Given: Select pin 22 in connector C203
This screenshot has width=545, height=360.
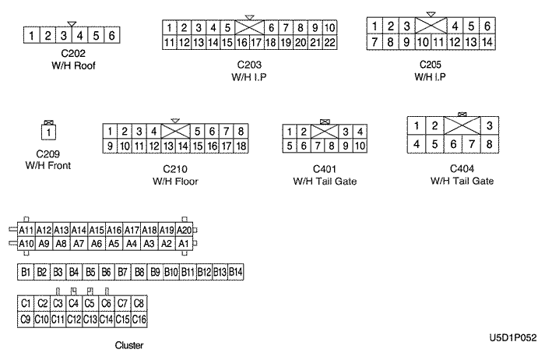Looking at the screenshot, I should point(329,42).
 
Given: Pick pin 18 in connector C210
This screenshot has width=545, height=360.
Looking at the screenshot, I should point(241,146).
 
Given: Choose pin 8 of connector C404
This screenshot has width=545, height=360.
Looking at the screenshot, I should point(489,143).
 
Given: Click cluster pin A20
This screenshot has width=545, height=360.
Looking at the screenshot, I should point(184,230).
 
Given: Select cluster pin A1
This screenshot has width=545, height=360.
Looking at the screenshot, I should point(184,243).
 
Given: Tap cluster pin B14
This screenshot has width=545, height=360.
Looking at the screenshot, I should point(236,272).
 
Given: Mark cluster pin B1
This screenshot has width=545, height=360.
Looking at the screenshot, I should point(26,272).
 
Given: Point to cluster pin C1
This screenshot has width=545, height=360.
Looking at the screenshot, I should point(26,302).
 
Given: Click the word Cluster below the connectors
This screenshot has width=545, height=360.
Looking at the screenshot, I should point(128,344).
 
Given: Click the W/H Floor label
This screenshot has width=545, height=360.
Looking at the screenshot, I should point(176,182).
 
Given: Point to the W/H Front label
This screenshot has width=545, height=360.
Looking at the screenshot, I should point(48,165).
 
